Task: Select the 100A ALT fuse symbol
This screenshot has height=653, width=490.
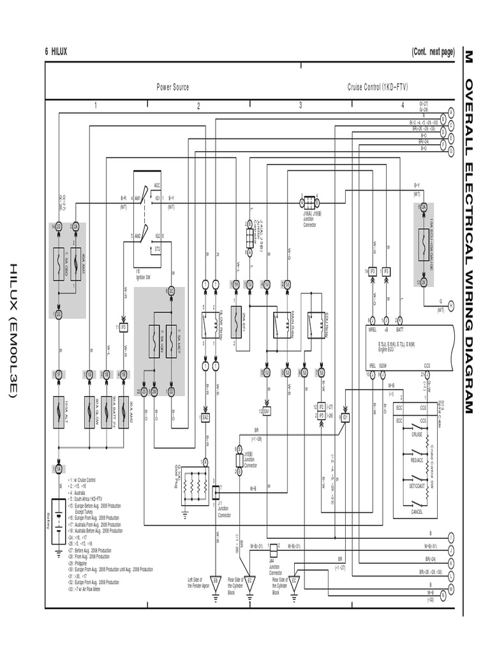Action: click(x=58, y=411)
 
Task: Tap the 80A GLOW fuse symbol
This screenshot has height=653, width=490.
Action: click(x=89, y=411)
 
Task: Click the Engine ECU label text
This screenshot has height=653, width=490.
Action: click(x=383, y=350)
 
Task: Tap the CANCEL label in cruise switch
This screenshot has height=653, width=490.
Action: click(x=416, y=511)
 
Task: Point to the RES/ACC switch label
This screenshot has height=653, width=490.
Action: click(x=417, y=460)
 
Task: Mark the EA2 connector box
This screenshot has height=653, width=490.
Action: click(x=205, y=417)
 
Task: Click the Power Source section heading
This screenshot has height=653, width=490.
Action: click(x=172, y=87)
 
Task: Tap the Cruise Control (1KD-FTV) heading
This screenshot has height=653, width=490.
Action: click(x=377, y=87)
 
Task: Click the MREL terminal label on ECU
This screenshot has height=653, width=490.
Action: click(x=373, y=330)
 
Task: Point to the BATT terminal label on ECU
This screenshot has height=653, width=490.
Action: click(x=400, y=330)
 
